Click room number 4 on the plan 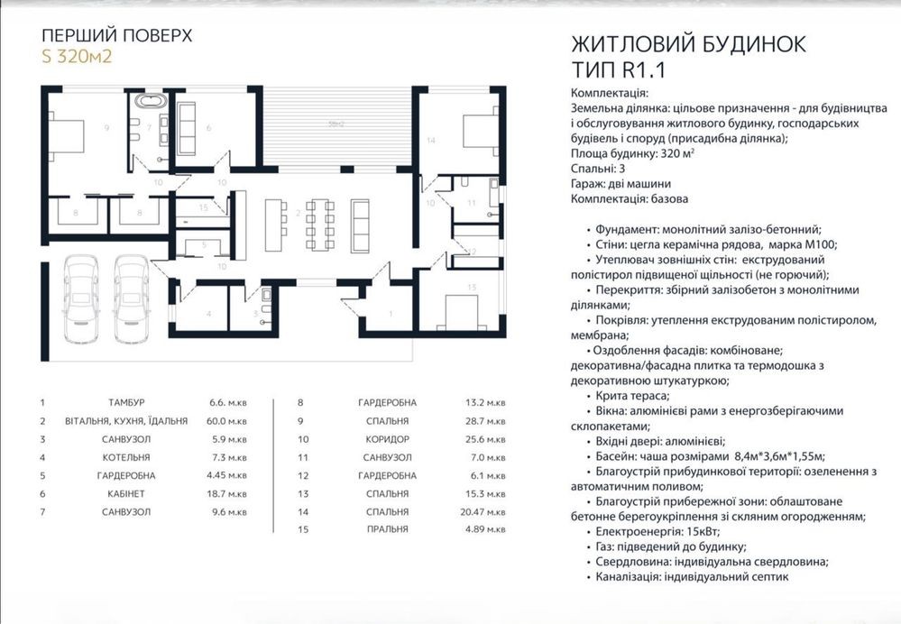pos(208,314)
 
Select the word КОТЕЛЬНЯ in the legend pos(124,457)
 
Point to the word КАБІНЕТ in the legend pos(124,494)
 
